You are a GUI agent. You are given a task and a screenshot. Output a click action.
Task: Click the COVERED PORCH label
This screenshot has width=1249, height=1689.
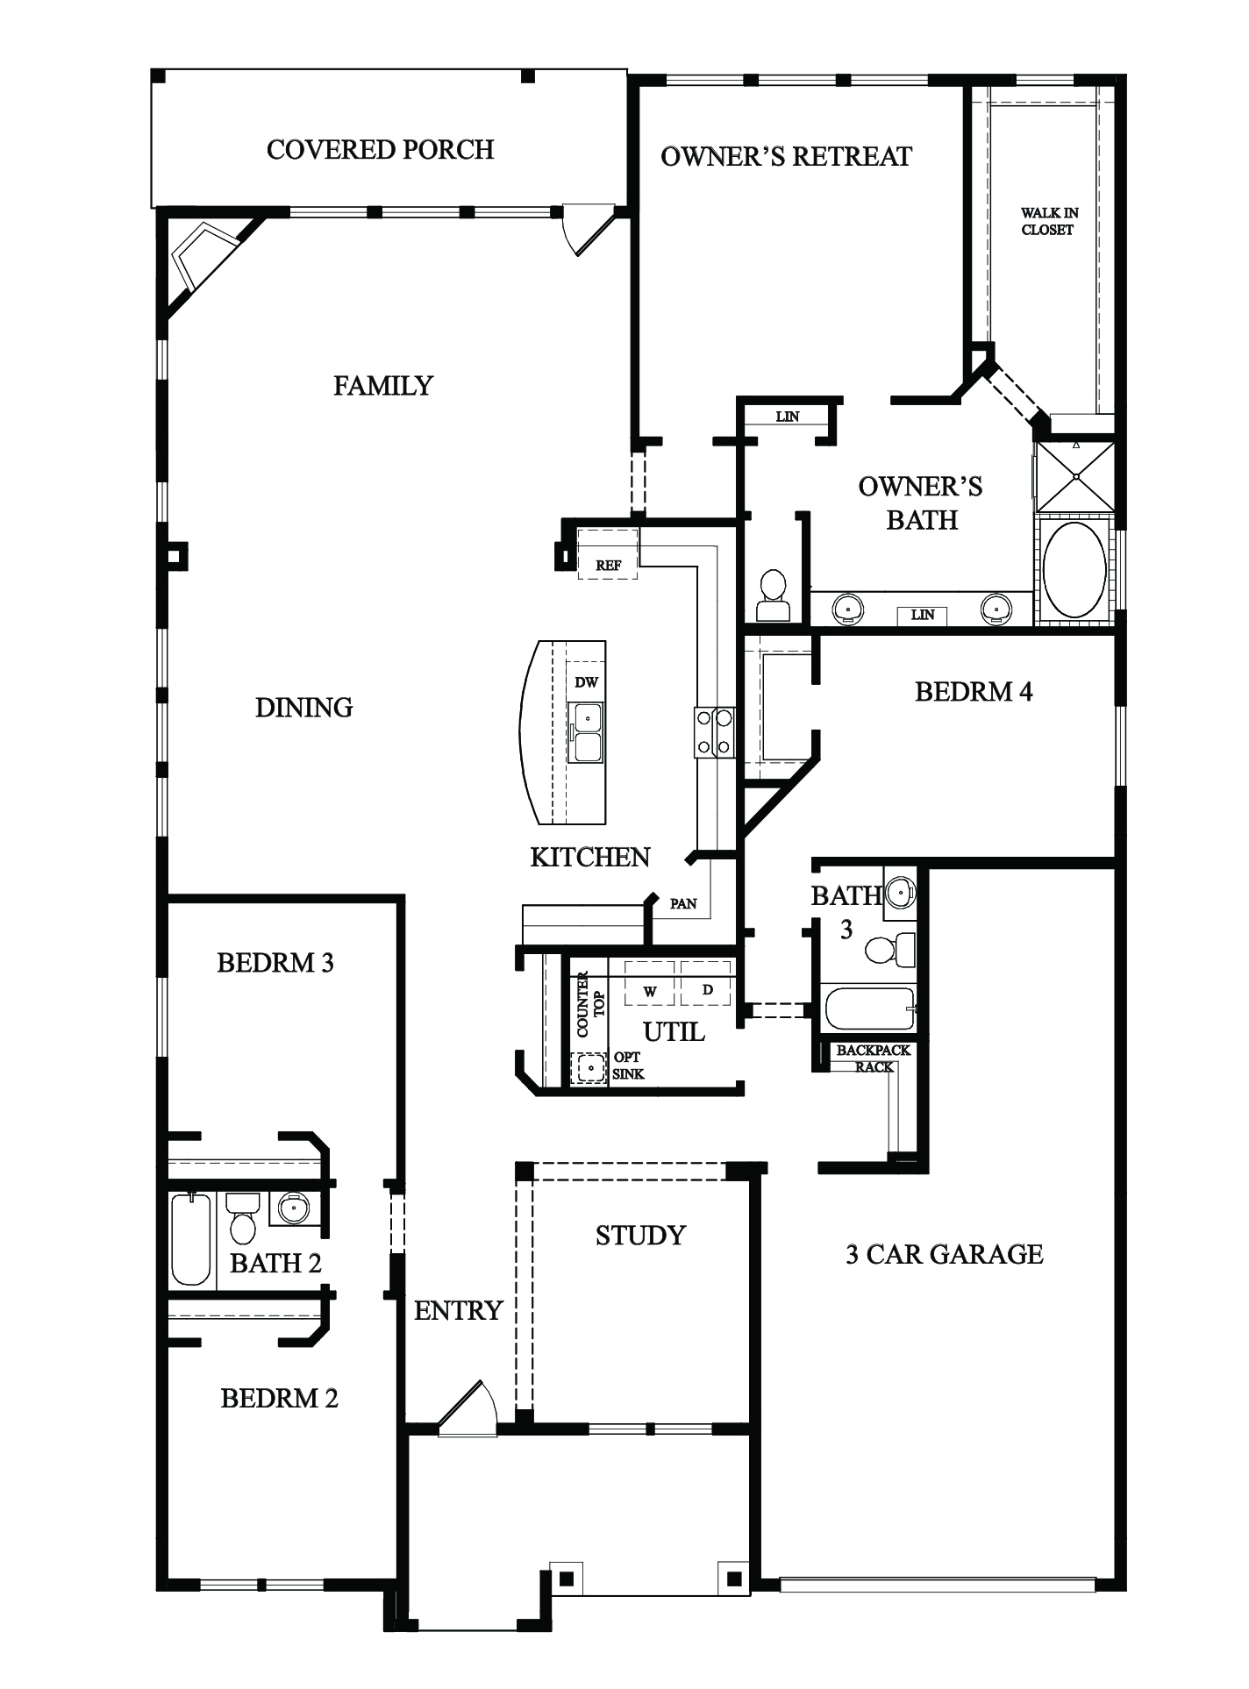coord(380,150)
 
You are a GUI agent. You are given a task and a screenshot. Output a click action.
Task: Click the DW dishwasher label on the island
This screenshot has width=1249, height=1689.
coord(586,682)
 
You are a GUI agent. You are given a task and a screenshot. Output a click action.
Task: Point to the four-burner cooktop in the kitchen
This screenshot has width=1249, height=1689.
coord(714,732)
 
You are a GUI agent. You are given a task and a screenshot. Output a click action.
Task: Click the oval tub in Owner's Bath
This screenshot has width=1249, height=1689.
coord(1074,570)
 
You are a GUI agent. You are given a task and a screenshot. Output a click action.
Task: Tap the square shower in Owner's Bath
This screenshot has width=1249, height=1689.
coord(1075,476)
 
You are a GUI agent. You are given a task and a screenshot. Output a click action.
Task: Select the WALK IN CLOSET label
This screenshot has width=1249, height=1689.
coord(1048,221)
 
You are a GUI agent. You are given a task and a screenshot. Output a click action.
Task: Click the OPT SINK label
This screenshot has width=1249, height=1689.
coord(628,1065)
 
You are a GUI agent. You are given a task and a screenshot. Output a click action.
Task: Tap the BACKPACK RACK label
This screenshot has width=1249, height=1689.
coord(873,1058)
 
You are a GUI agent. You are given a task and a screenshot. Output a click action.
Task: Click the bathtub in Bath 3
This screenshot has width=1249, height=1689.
coord(869,1008)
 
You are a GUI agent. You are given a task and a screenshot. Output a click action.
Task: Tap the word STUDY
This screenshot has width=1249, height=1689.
coord(639,1236)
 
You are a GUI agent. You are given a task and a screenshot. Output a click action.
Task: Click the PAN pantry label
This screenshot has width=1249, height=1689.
coord(682,903)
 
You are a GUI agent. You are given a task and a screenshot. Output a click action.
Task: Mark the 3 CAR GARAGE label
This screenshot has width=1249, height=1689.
coord(944,1255)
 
